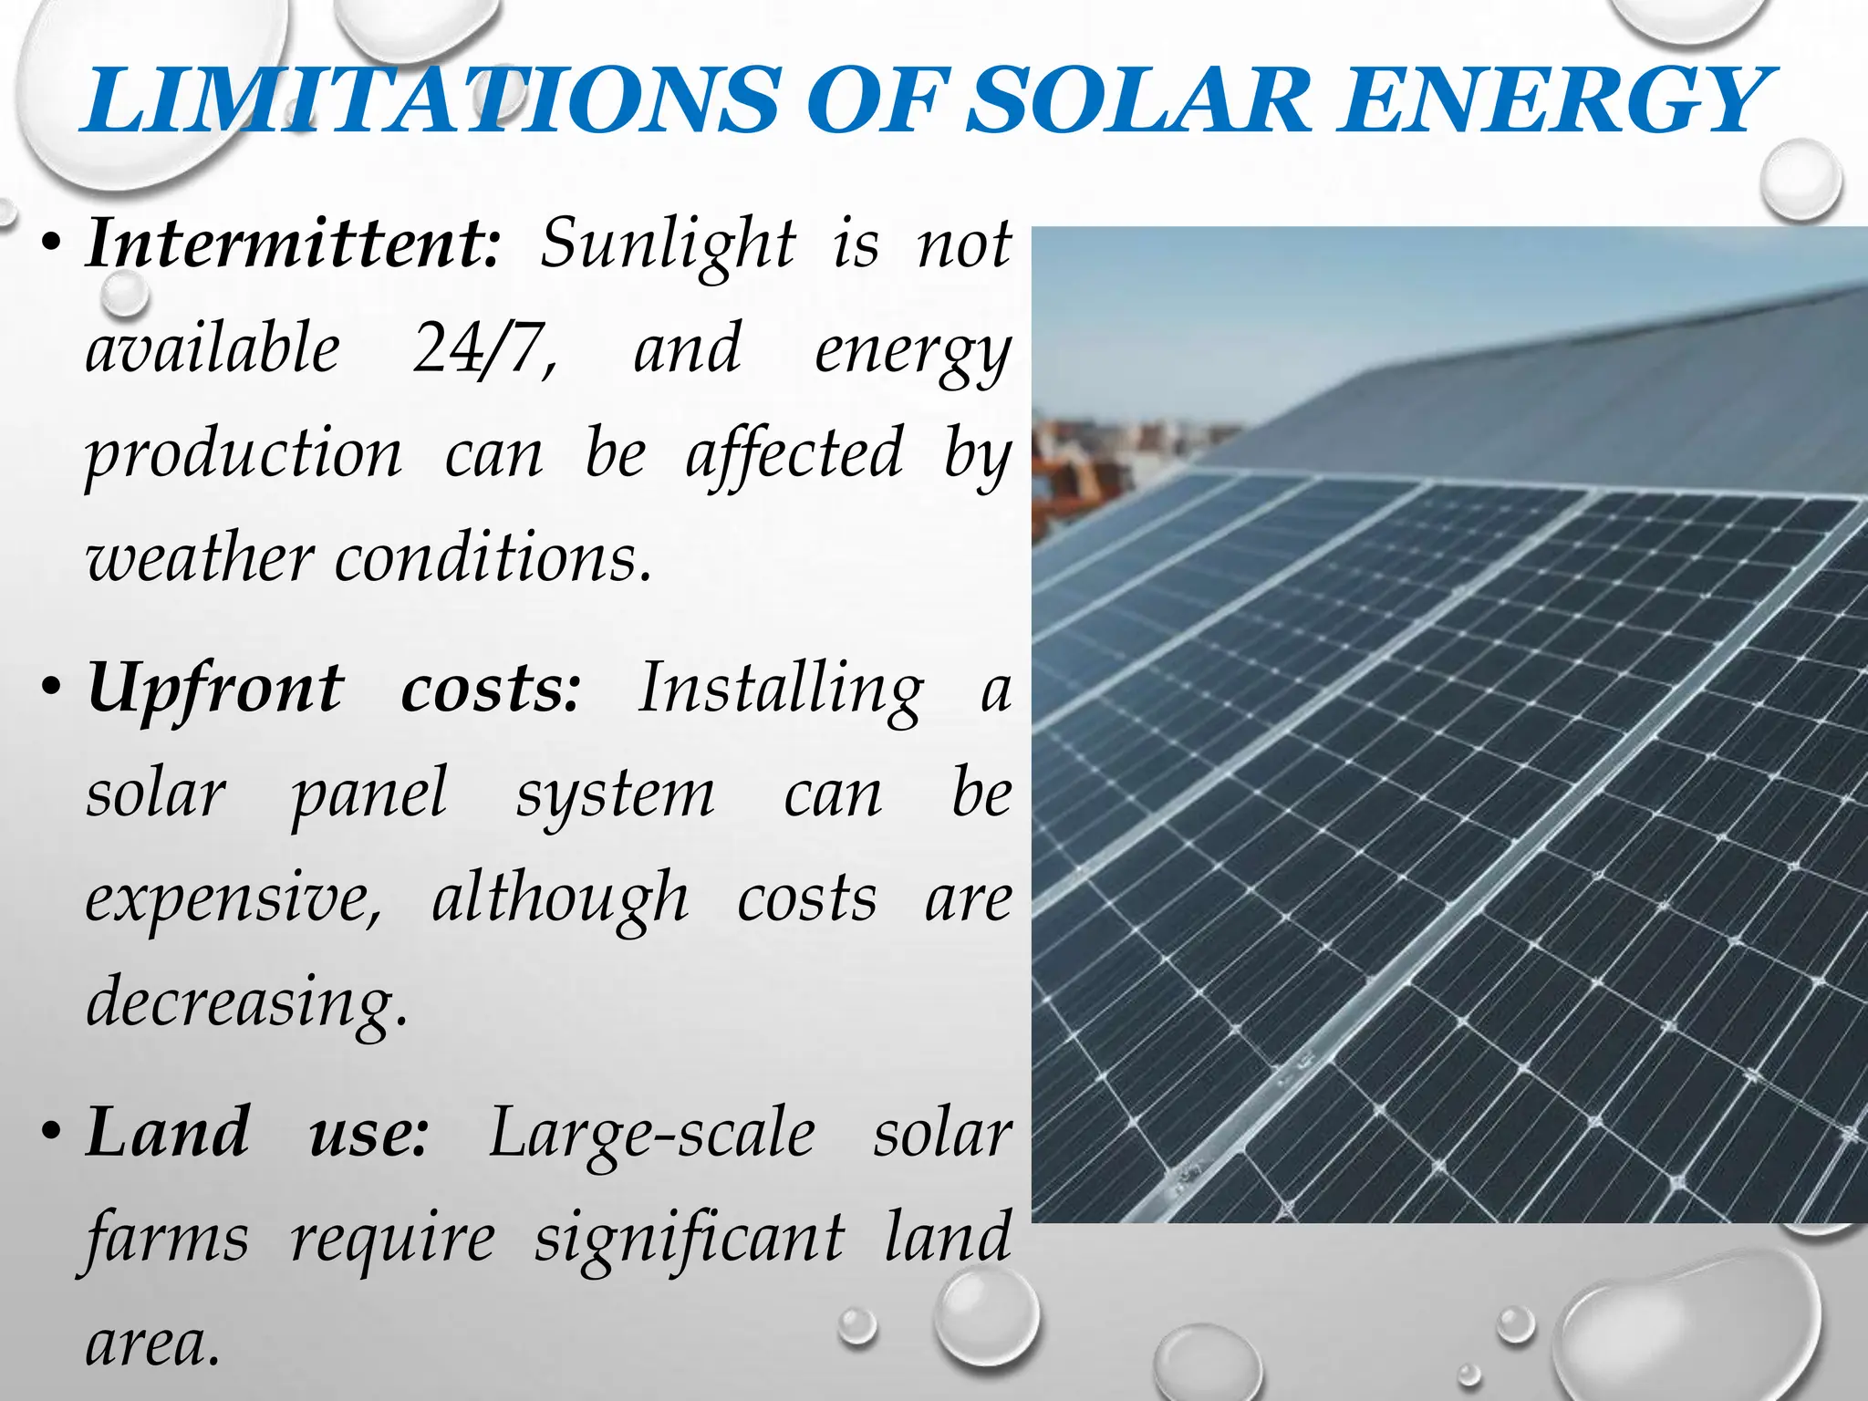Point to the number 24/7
point(484,348)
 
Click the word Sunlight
point(667,245)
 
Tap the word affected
point(794,453)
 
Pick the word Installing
point(781,690)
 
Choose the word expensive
point(233,899)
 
